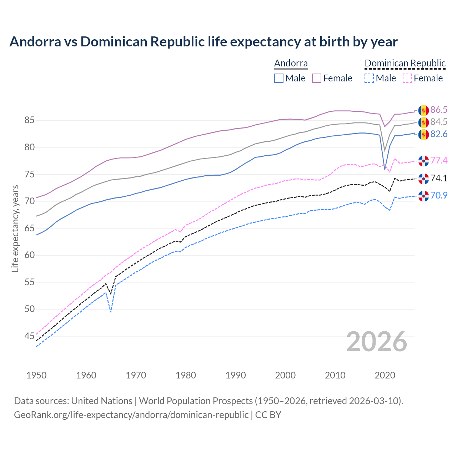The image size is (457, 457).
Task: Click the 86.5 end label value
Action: click(x=439, y=110)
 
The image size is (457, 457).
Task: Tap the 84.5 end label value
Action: click(x=439, y=122)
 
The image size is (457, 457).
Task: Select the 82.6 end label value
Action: click(x=439, y=134)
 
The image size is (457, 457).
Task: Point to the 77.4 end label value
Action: click(x=439, y=160)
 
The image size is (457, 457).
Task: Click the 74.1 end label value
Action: click(x=439, y=178)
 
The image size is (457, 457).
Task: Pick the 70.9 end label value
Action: click(x=439, y=195)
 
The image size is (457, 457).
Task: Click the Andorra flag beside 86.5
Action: click(x=423, y=110)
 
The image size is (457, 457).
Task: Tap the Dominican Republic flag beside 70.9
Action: click(x=423, y=196)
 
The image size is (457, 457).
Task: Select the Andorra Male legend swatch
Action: click(x=279, y=78)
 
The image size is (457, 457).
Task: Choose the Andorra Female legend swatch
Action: click(x=317, y=78)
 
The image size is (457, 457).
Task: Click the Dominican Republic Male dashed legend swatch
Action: click(x=369, y=78)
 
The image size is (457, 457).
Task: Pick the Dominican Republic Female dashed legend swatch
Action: click(x=407, y=78)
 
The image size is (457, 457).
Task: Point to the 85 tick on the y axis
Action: click(x=29, y=120)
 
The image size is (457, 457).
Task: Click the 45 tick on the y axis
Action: click(x=29, y=336)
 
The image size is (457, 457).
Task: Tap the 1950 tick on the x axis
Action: click(x=36, y=375)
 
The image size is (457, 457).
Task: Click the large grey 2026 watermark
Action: click(x=377, y=342)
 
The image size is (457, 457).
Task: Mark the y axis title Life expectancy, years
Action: click(x=15, y=228)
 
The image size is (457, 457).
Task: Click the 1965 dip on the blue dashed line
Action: click(x=111, y=312)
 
